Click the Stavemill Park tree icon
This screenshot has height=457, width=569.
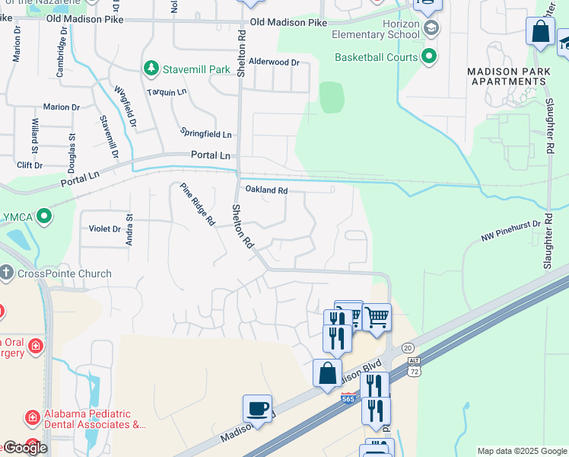(x=151, y=69)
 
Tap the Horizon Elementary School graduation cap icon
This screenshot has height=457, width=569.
(x=431, y=30)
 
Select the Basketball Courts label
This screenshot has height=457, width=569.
(x=377, y=57)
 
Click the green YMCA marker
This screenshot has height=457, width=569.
(x=44, y=216)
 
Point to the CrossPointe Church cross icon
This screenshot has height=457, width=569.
(x=6, y=273)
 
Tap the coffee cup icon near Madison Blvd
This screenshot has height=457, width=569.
(x=258, y=408)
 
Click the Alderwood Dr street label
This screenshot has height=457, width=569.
(x=275, y=62)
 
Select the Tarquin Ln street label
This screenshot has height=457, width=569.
(x=168, y=91)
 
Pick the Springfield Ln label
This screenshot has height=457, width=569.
(x=206, y=133)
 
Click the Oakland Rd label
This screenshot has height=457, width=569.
(x=265, y=190)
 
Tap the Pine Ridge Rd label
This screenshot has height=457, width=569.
(x=198, y=205)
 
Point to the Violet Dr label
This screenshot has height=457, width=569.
(x=106, y=228)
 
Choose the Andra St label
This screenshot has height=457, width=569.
(x=129, y=230)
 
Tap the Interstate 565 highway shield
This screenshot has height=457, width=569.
(x=349, y=398)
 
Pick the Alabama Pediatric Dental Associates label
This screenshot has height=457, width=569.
(x=94, y=419)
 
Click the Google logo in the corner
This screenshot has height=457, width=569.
(x=25, y=448)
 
